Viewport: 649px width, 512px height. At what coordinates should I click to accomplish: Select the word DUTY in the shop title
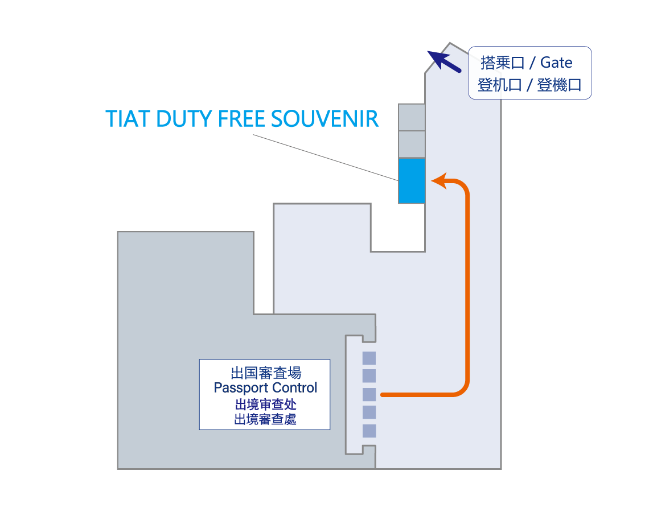[x=182, y=119]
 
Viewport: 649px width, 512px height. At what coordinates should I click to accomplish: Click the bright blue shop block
[x=412, y=181]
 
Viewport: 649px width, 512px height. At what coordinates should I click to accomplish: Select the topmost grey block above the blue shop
[x=412, y=117]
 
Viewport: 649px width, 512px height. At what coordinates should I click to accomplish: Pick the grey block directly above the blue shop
[x=412, y=144]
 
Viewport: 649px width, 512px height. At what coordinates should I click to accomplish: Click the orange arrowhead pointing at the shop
[x=438, y=181]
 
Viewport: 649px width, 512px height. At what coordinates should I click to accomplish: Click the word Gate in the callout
[x=556, y=62]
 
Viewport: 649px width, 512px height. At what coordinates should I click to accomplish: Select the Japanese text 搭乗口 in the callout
[x=502, y=62]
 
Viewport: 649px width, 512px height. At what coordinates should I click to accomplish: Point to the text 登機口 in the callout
[x=559, y=85]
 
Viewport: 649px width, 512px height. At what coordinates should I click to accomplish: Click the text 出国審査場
[x=265, y=373]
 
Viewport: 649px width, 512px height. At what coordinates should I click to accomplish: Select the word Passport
[x=238, y=388]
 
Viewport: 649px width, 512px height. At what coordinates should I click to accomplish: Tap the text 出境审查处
[x=265, y=404]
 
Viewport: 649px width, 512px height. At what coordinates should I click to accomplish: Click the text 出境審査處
[x=265, y=420]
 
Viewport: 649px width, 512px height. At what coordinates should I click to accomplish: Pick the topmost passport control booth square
[x=369, y=358]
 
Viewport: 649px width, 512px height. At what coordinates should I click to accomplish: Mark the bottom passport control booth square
[x=369, y=431]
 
